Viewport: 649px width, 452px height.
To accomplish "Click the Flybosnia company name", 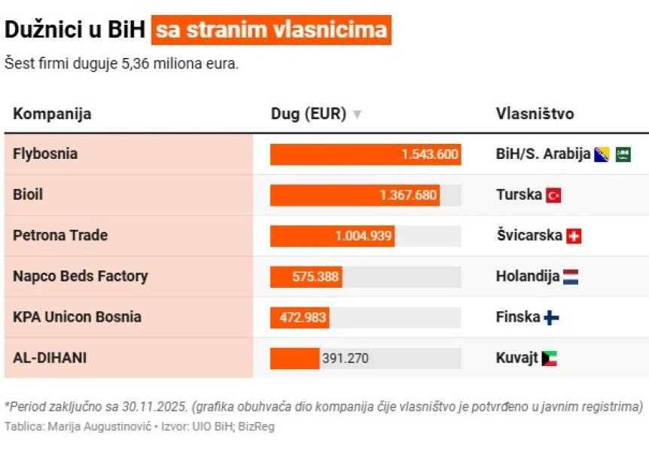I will point(45,154).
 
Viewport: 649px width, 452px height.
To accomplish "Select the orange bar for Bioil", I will point(355,195).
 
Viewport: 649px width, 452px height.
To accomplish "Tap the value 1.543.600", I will point(429,154).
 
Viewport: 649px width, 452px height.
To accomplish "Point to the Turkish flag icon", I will point(553,195).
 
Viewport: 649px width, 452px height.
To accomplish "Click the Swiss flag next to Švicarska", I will point(574,236).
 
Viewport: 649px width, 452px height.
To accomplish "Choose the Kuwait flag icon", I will point(550,359).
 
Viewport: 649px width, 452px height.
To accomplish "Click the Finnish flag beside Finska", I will point(551,318).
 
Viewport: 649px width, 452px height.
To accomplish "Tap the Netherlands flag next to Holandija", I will point(570,276).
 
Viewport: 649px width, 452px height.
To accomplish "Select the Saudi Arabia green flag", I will point(623,154).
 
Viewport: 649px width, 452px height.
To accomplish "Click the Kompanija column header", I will point(52,114).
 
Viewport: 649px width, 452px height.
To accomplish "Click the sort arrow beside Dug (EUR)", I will point(357,115).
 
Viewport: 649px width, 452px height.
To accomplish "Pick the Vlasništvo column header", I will point(535,114).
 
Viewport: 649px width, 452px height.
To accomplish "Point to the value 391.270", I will point(345,359).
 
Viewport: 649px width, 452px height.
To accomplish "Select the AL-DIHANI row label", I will point(50,358).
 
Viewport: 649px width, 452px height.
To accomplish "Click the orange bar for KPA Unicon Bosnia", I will point(300,318).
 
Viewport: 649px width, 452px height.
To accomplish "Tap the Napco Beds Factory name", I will point(80,276).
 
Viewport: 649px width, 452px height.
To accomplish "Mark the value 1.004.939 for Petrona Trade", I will point(364,236).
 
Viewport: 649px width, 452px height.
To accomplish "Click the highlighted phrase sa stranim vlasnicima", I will point(271,30).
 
